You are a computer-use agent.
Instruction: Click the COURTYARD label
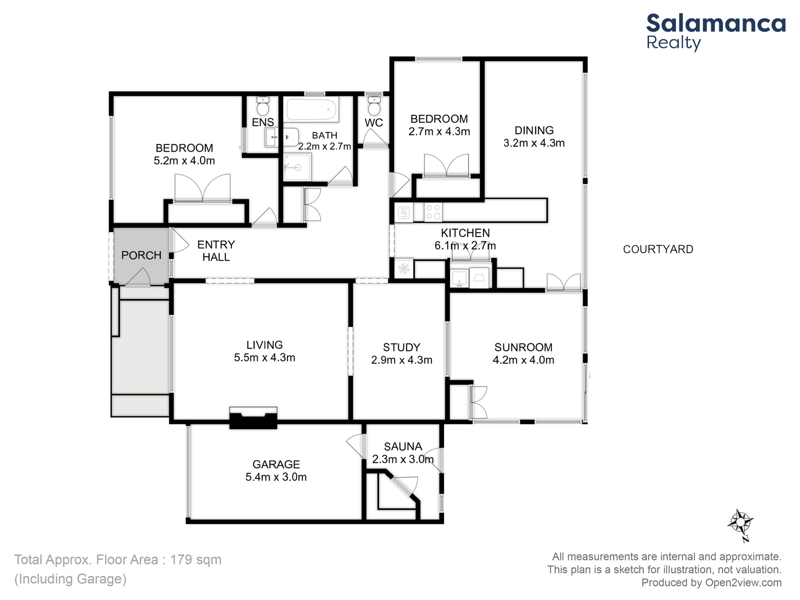click(x=658, y=249)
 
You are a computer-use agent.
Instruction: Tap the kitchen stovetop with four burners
click(x=433, y=212)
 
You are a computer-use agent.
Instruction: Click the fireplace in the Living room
click(x=253, y=418)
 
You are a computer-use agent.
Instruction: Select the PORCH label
click(x=141, y=255)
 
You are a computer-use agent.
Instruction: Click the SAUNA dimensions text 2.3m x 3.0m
click(x=402, y=459)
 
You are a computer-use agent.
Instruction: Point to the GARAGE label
click(x=276, y=464)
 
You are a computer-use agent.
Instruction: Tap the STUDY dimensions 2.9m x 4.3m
click(x=401, y=360)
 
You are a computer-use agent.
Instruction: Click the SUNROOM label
click(x=523, y=347)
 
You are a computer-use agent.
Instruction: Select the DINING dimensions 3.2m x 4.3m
click(x=534, y=143)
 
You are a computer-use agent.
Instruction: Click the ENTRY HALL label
click(x=216, y=250)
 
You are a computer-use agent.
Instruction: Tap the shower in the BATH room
click(x=298, y=167)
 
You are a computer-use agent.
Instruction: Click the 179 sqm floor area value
click(x=195, y=559)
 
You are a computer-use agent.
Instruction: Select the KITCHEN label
click(x=465, y=233)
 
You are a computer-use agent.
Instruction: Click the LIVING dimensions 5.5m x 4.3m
click(x=264, y=357)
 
